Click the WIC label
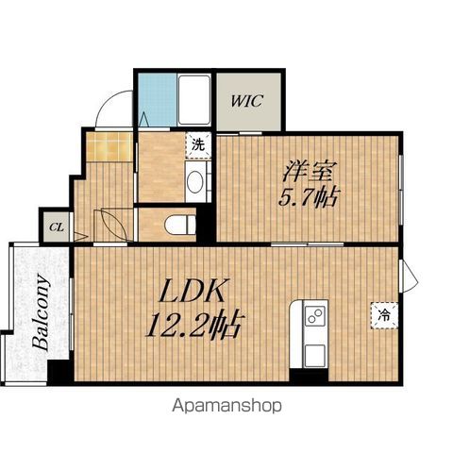pos(247,101)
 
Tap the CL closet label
pos(57,227)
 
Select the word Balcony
pos(42,312)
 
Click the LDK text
pos(193,291)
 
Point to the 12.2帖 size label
pos(195,324)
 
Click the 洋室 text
pos(310,171)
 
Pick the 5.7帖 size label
pos(309,197)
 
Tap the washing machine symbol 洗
pos(198,145)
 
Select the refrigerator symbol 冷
pos(384,315)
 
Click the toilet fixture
pos(180,225)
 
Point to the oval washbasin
pos(194,182)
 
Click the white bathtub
pos(193,100)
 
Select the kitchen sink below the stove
pos(315,356)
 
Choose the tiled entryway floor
pos(109,146)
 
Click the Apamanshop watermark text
pos(226,406)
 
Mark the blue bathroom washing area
pos(158,100)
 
